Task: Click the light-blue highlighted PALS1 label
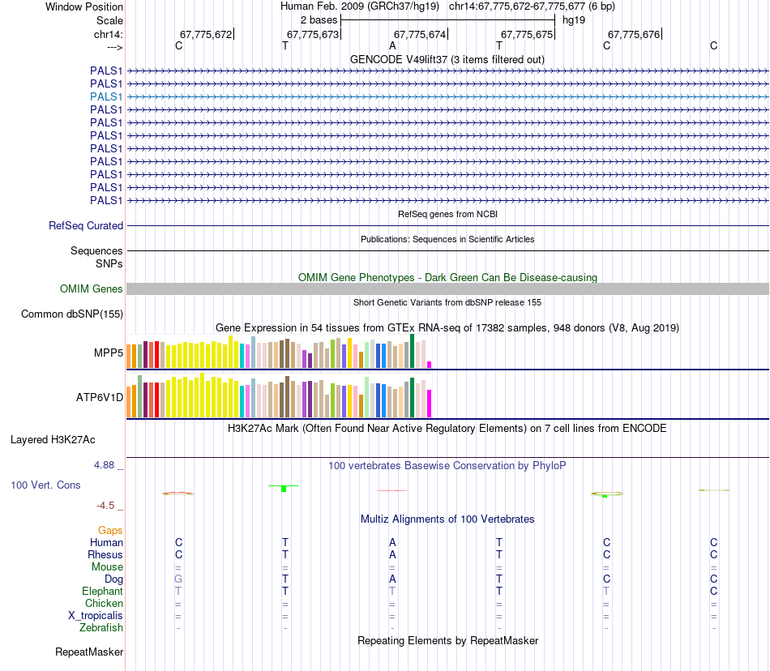[x=106, y=96]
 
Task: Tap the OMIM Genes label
[x=92, y=288]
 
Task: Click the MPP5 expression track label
[x=109, y=353]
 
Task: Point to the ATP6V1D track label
[x=100, y=398]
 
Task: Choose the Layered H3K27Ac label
[x=53, y=440]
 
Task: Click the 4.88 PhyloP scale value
[x=105, y=465]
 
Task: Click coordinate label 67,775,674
[x=420, y=35]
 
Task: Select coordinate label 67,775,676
[x=634, y=35]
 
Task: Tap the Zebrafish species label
[x=101, y=628]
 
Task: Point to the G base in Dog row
[x=178, y=579]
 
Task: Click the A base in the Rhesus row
[x=392, y=555]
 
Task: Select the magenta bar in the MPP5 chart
[x=430, y=365]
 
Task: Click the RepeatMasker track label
[x=89, y=652]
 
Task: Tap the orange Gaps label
[x=110, y=531]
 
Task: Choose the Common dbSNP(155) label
[x=72, y=314]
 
